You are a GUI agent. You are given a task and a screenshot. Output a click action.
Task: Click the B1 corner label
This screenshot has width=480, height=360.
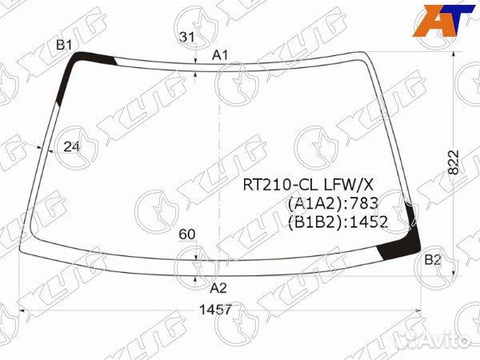[64, 45]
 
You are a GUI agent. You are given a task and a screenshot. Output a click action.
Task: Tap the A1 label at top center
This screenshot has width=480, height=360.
[221, 55]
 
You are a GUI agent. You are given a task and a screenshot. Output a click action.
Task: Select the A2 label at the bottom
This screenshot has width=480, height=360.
[218, 288]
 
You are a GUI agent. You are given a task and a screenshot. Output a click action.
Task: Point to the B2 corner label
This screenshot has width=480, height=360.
[433, 260]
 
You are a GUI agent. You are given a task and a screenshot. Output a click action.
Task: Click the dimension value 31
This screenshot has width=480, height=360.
[187, 37]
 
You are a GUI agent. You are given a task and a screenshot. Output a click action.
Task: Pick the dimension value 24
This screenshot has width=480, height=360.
[71, 147]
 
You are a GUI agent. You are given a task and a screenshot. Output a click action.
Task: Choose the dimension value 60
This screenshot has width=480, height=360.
[187, 234]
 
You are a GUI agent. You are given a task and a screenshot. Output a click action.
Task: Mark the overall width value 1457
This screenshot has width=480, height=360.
[215, 310]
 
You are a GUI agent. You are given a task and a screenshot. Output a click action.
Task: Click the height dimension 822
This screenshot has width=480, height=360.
[454, 162]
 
